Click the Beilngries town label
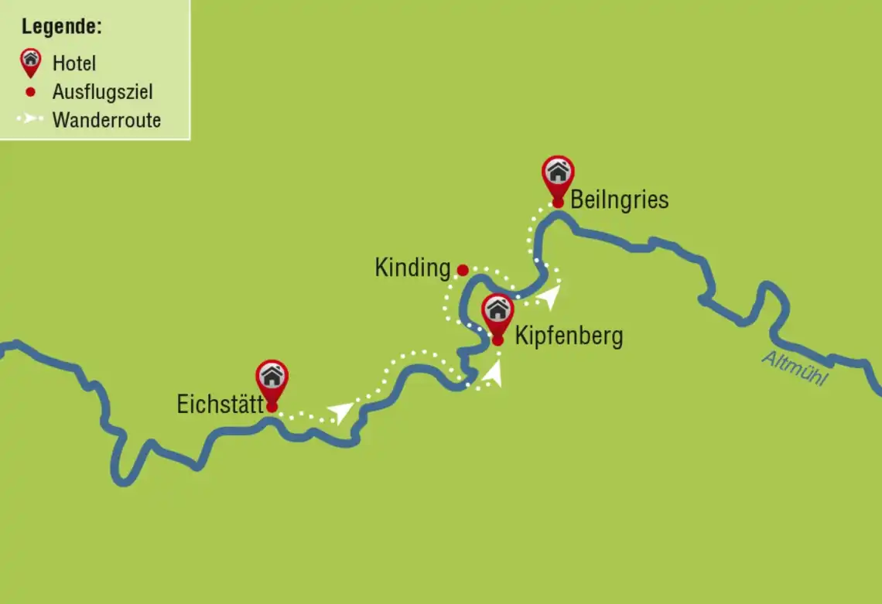(619, 200)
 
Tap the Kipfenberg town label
(569, 336)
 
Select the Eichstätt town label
(220, 404)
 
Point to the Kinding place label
(412, 268)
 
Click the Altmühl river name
(795, 368)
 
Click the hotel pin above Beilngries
(558, 177)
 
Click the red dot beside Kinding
(462, 270)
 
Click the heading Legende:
(62, 26)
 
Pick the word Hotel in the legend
(74, 63)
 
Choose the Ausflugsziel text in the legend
(103, 92)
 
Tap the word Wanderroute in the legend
(107, 120)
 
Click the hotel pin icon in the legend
(30, 62)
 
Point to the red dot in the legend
(30, 92)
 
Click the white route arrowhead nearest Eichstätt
(340, 411)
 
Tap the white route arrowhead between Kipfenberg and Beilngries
(551, 294)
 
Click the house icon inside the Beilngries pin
(558, 171)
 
